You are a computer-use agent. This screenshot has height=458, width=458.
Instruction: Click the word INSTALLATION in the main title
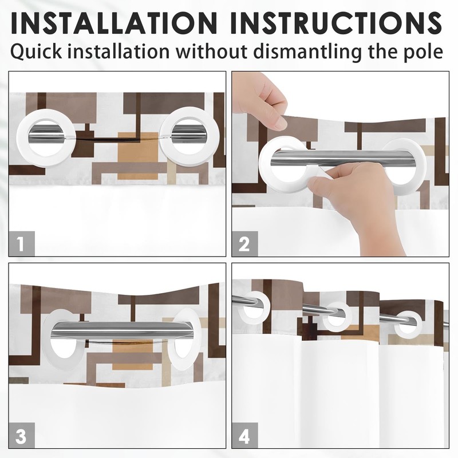tap(114, 23)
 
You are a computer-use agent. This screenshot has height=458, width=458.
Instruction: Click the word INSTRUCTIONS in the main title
tap(336, 23)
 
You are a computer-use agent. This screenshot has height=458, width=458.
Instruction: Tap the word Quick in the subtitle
tap(36, 52)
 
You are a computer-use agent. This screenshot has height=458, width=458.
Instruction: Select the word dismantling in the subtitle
tap(307, 52)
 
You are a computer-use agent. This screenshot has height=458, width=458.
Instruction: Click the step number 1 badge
tap(22, 244)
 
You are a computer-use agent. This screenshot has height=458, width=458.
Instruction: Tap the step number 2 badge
tap(245, 244)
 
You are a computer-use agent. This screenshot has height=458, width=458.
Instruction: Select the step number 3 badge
tap(22, 435)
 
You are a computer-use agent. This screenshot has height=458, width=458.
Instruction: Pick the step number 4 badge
tap(245, 435)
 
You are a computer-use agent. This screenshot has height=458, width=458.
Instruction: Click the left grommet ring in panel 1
tap(22, 137)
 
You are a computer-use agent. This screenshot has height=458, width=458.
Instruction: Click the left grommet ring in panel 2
tap(264, 164)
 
